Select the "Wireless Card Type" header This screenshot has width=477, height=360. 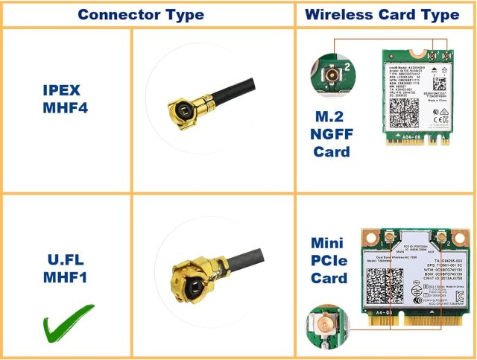tap(382, 14)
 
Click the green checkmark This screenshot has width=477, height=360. tap(68, 322)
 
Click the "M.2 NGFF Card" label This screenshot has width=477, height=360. tap(331, 135)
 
